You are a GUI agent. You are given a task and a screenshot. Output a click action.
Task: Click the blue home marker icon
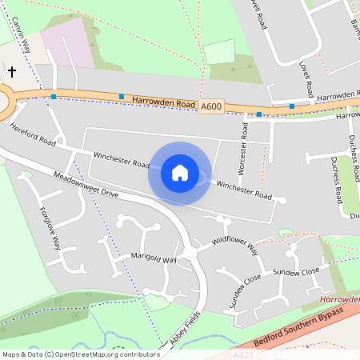[x=180, y=173]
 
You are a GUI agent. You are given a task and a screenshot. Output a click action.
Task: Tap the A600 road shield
[x=210, y=106]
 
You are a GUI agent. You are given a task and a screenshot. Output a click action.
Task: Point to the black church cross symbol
[x=11, y=72]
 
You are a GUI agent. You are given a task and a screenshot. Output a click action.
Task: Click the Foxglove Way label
[x=50, y=227]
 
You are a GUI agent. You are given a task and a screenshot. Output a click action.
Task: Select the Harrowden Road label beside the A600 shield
[x=164, y=103]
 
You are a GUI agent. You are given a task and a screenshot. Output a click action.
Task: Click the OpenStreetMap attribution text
[x=80, y=354]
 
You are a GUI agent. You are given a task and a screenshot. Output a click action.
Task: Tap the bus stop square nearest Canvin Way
[x=54, y=97]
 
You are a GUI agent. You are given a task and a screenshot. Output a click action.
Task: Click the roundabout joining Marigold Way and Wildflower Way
[x=190, y=254]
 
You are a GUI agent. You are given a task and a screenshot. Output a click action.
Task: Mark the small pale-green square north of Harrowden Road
[x=218, y=52]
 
